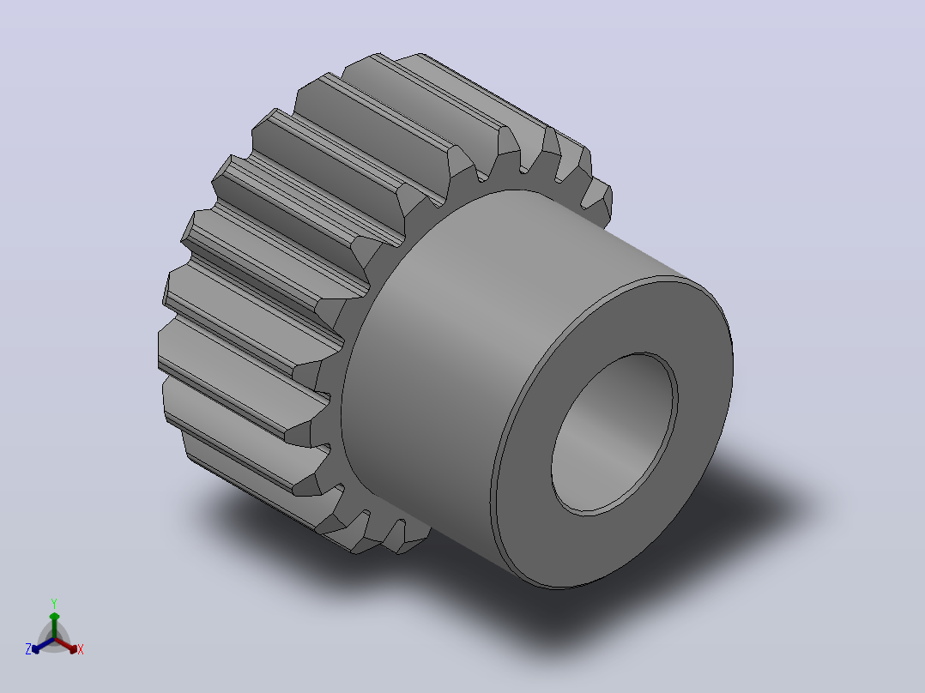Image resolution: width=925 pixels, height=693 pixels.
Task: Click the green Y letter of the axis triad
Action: [54, 603]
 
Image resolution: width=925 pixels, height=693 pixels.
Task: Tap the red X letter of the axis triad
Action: [81, 649]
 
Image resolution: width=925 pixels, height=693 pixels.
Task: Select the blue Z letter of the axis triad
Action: [28, 649]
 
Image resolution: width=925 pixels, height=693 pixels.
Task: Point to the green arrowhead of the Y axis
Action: [54, 617]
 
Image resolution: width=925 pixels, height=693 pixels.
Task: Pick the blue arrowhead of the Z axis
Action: [36, 648]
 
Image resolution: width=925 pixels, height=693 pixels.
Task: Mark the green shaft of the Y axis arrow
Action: [54, 630]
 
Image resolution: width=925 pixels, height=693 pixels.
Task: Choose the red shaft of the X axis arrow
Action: [63, 644]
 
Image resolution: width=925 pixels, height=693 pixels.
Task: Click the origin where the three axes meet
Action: [54, 639]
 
